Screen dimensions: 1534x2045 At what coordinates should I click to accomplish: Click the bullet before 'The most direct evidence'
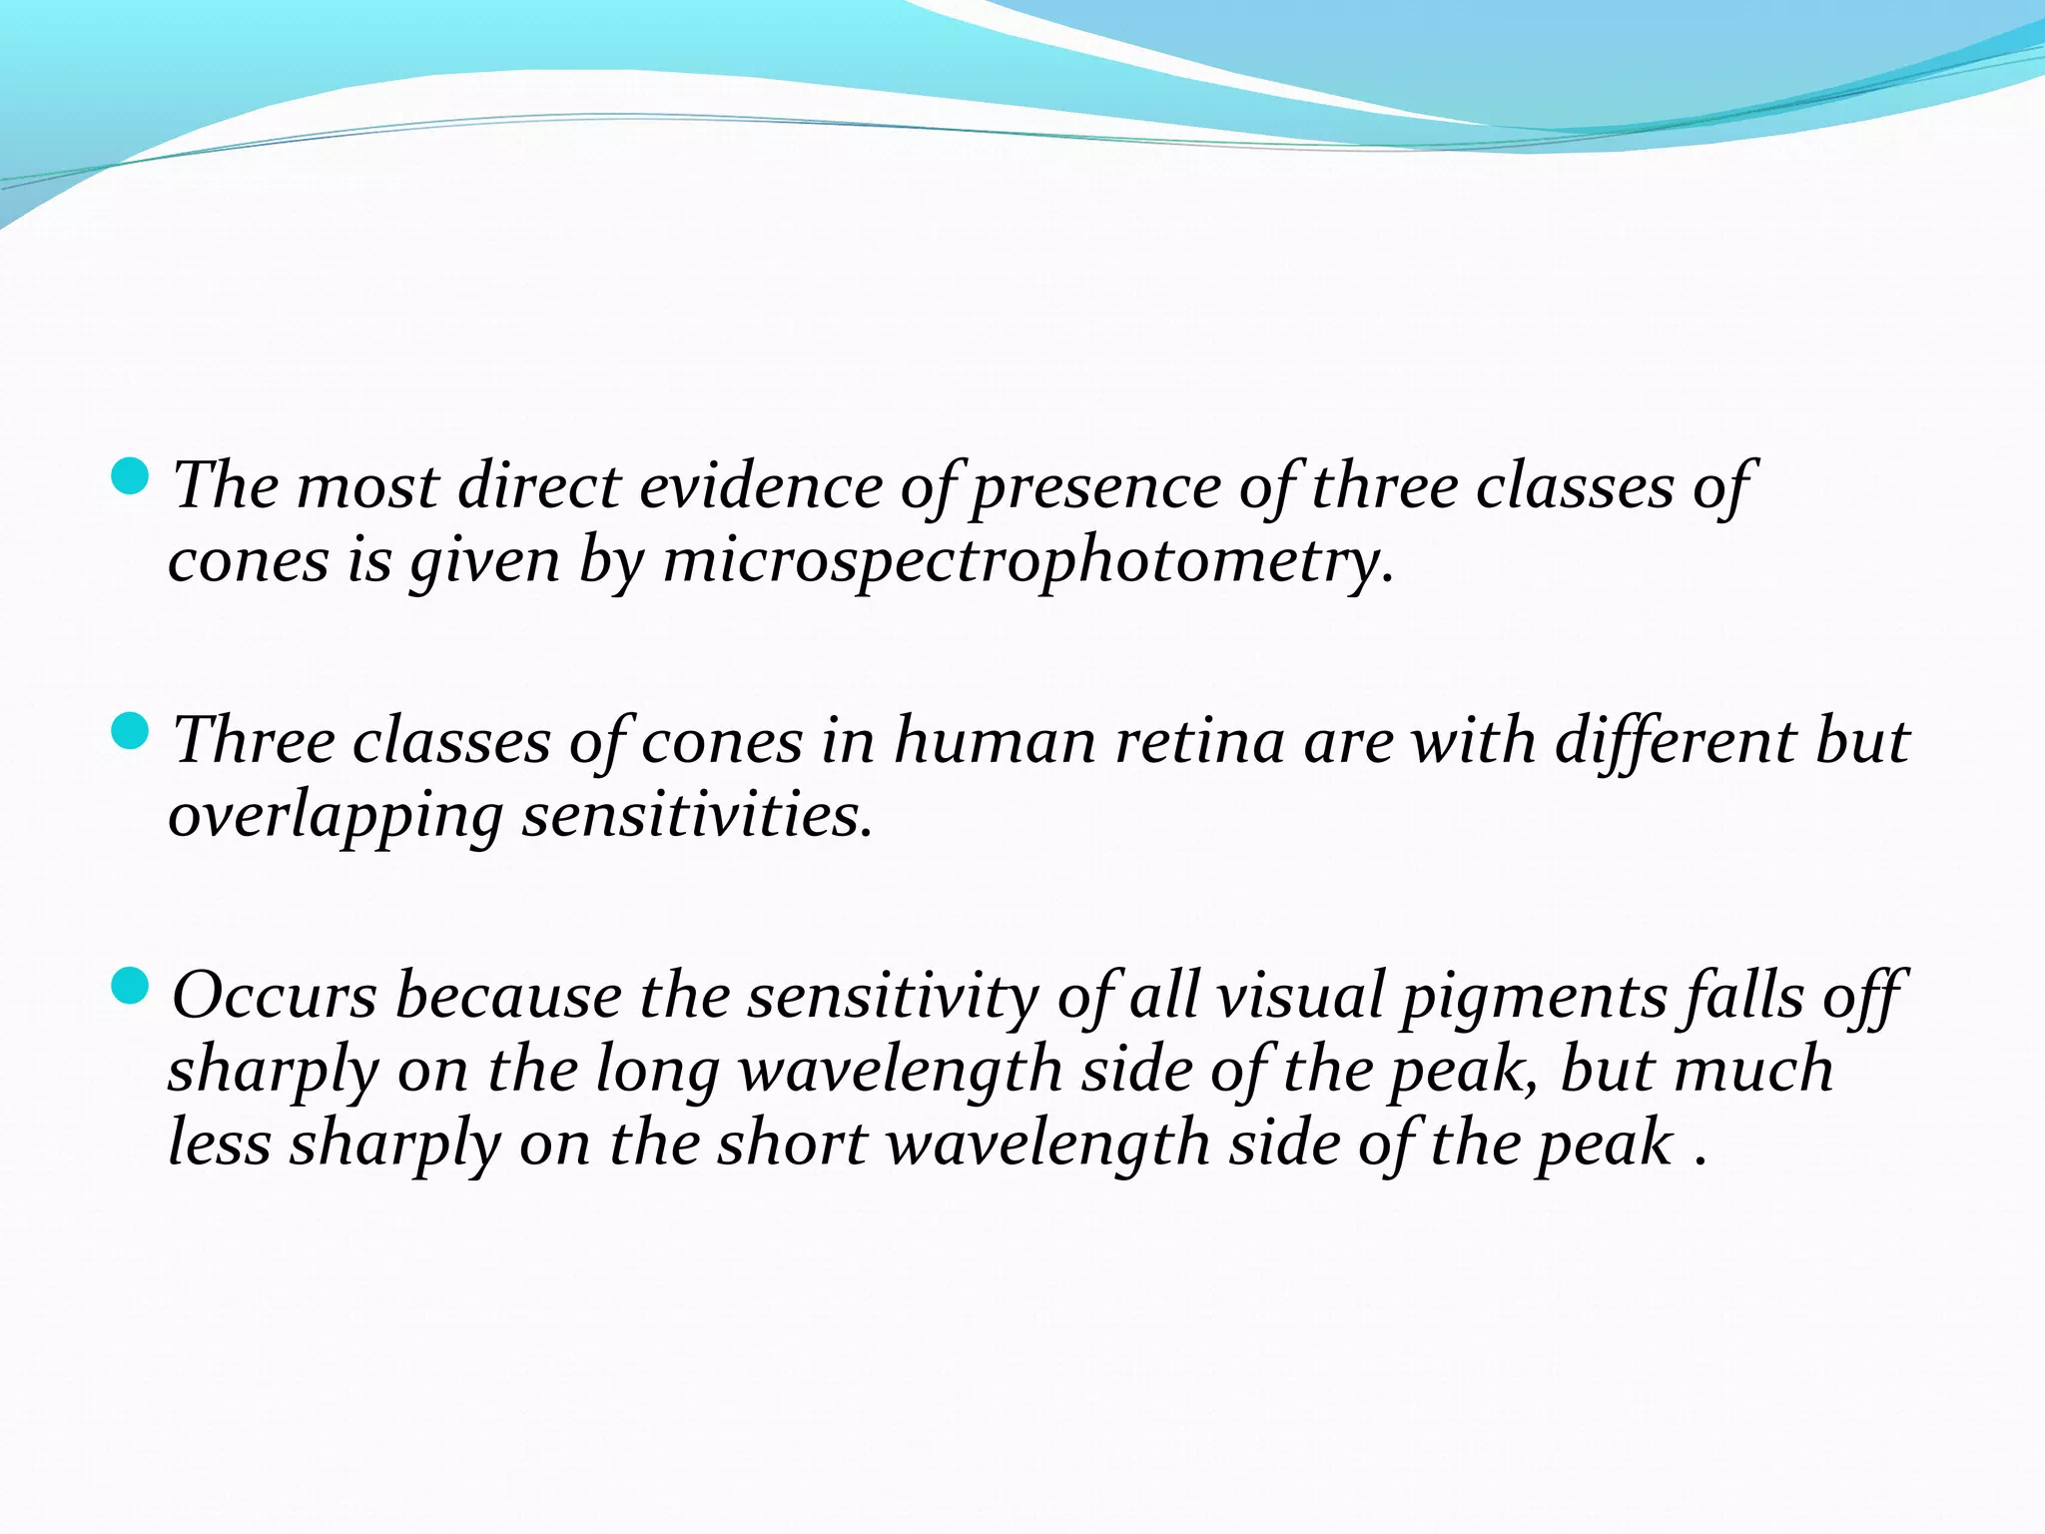[x=130, y=476]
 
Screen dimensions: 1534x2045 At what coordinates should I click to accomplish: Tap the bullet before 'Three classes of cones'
[x=130, y=732]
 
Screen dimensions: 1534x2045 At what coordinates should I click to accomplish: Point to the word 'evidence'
[x=760, y=487]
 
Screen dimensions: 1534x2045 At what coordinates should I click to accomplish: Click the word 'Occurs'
[x=274, y=997]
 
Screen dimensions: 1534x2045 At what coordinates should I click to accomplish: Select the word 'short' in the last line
[x=792, y=1145]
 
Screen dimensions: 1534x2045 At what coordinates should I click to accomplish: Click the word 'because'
[x=508, y=997]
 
